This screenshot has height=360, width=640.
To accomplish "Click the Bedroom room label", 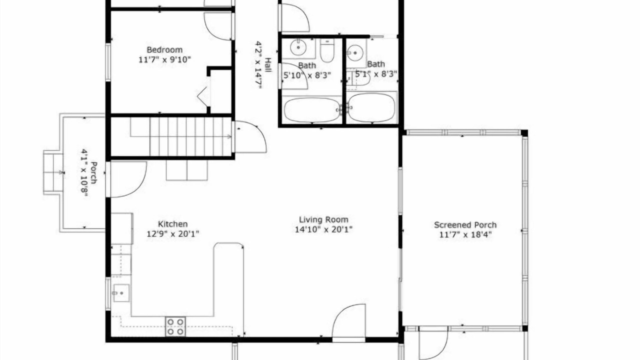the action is pyautogui.click(x=164, y=50).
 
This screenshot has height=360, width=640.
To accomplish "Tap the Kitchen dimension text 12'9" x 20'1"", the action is pyautogui.click(x=173, y=234).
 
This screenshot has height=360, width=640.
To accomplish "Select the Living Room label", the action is pyautogui.click(x=323, y=219).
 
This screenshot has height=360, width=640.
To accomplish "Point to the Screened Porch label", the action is pyautogui.click(x=465, y=225).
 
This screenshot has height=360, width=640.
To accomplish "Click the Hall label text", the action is pyautogui.click(x=268, y=65).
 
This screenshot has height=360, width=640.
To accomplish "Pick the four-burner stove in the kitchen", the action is pyautogui.click(x=175, y=326).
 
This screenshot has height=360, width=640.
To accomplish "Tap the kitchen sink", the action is pyautogui.click(x=122, y=293).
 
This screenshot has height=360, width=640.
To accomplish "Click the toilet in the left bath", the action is pyautogui.click(x=327, y=50).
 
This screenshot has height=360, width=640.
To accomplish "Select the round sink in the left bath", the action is pyautogui.click(x=298, y=47).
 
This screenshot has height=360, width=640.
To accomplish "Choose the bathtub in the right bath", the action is pyautogui.click(x=371, y=108).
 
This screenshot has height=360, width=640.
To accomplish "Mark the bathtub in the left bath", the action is pyautogui.click(x=312, y=110).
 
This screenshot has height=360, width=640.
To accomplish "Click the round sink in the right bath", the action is pyautogui.click(x=355, y=53).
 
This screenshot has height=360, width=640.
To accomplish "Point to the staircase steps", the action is pyautogui.click(x=181, y=136).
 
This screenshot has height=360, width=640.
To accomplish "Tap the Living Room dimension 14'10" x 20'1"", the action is pyautogui.click(x=323, y=229).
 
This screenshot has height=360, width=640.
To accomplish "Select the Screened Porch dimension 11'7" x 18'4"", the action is pyautogui.click(x=465, y=235).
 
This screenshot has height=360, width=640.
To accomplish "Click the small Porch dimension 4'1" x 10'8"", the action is pyautogui.click(x=84, y=173).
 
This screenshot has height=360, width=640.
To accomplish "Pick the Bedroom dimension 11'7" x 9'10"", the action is pyautogui.click(x=164, y=59).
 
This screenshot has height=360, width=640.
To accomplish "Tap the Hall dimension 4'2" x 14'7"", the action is pyautogui.click(x=258, y=65).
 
